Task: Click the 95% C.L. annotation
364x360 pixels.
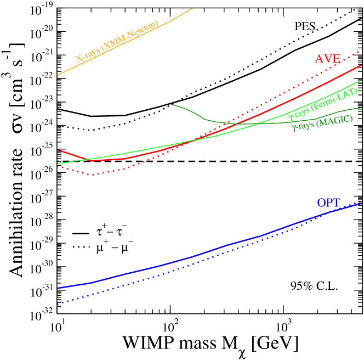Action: (x=315, y=285)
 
